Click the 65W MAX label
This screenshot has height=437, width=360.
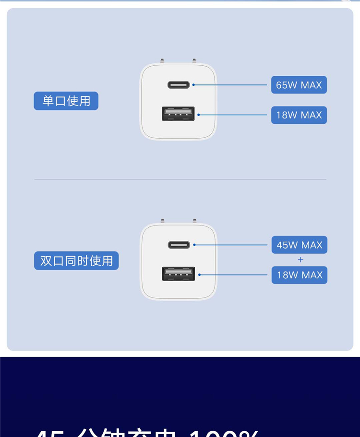[299, 85]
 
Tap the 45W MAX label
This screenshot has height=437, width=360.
[300, 245]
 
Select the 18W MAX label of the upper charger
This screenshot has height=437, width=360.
[299, 115]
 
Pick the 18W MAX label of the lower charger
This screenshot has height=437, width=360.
[300, 275]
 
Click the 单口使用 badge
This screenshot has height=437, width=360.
[66, 101]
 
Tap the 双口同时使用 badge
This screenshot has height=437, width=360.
[76, 260]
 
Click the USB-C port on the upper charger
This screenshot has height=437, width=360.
[179, 85]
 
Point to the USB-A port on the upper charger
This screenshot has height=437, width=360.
[178, 114]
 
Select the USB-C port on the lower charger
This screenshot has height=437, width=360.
[179, 245]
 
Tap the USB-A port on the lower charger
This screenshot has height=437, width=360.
[179, 274]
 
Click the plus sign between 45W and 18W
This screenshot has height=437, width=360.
[300, 260]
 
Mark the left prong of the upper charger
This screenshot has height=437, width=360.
[162, 61]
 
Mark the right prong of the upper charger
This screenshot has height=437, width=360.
[194, 61]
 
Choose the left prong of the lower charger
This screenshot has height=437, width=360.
[163, 221]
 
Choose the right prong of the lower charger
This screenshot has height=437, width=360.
[194, 221]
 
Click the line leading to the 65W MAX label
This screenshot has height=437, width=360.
[230, 85]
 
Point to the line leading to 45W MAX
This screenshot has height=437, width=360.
[230, 245]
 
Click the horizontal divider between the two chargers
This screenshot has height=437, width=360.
[180, 179]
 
